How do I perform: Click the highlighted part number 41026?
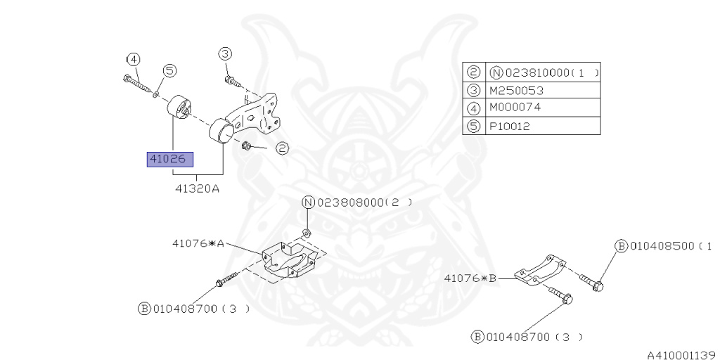pos(169,160)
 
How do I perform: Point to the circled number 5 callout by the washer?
pos(169,70)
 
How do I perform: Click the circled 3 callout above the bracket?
pos(224,53)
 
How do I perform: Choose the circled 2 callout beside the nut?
pos(281,148)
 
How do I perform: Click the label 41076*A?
pos(198,244)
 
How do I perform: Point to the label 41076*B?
pos(470,278)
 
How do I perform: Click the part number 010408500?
pos(662,246)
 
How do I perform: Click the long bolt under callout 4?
pos(137,84)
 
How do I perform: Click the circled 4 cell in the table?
pos(473,108)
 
